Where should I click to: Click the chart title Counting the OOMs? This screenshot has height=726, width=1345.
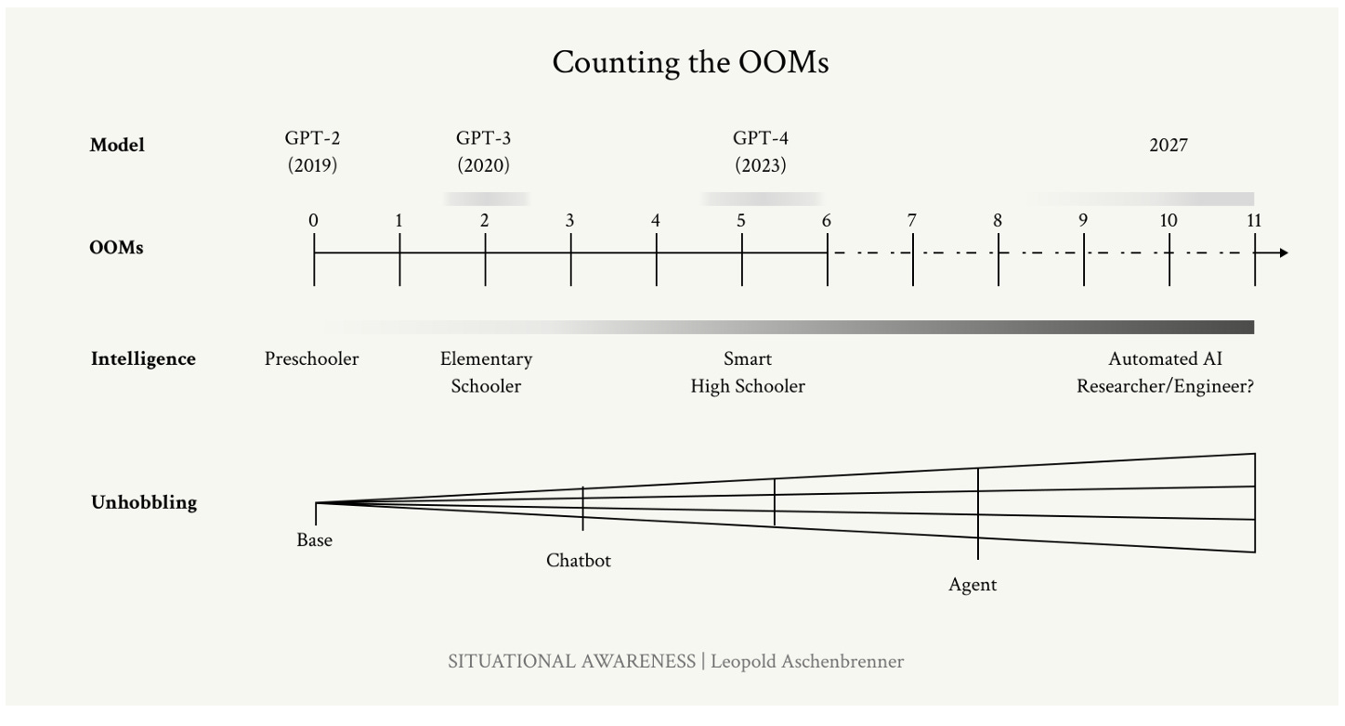pyautogui.click(x=690, y=63)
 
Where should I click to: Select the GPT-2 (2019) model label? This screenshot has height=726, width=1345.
pyautogui.click(x=312, y=152)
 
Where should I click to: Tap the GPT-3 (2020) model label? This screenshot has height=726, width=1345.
pyautogui.click(x=483, y=152)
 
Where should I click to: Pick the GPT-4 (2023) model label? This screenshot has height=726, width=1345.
pyautogui.click(x=761, y=152)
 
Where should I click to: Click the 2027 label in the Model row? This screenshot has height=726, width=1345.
pyautogui.click(x=1168, y=145)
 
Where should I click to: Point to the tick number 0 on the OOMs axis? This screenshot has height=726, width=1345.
pyautogui.click(x=314, y=221)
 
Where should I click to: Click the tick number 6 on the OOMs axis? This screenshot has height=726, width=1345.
pyautogui.click(x=827, y=221)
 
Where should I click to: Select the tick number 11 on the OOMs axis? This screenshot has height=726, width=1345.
pyautogui.click(x=1254, y=221)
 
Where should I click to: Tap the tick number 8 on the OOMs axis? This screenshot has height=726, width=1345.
pyautogui.click(x=998, y=221)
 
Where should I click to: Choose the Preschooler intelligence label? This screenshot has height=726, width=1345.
pyautogui.click(x=311, y=358)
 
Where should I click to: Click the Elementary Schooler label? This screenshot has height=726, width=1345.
pyautogui.click(x=486, y=372)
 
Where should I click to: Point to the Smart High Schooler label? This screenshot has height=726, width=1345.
pyautogui.click(x=748, y=372)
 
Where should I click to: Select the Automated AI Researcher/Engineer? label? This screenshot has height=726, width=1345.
pyautogui.click(x=1166, y=372)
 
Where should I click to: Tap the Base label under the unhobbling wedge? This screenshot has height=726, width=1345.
pyautogui.click(x=314, y=540)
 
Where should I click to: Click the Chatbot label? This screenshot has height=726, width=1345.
pyautogui.click(x=579, y=561)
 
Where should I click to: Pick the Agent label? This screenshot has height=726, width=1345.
pyautogui.click(x=973, y=585)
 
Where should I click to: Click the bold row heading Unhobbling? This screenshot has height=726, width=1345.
pyautogui.click(x=144, y=503)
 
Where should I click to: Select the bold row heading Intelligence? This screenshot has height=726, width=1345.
pyautogui.click(x=143, y=359)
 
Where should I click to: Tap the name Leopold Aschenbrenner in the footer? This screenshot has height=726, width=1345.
pyautogui.click(x=807, y=661)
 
